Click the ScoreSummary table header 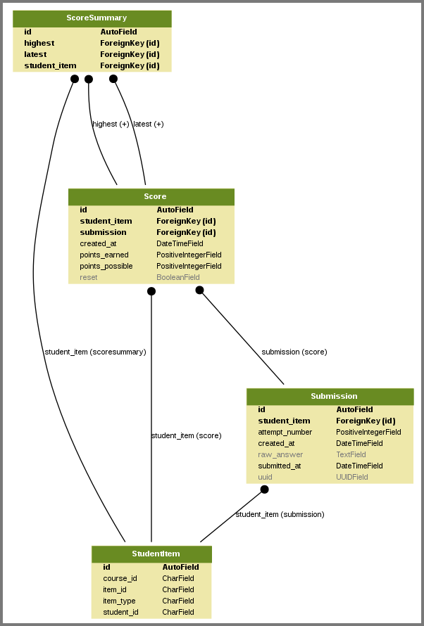[92, 18]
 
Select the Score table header [151, 196]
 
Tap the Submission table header [330, 396]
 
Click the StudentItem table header [151, 554]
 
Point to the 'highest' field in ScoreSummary [39, 43]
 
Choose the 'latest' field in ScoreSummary [35, 54]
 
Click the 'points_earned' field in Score [104, 255]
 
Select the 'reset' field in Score [89, 277]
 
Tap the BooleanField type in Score [178, 277]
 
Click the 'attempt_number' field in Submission [285, 432]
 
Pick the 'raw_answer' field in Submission [280, 454]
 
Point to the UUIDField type [352, 477]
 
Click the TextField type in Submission [351, 454]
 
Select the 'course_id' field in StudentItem [120, 578]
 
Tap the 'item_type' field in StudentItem [119, 601]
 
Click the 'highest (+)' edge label [111, 124]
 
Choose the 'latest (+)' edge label [149, 124]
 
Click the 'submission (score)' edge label [294, 352]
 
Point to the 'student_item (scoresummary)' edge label [95, 352]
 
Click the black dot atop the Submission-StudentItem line [264, 489]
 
